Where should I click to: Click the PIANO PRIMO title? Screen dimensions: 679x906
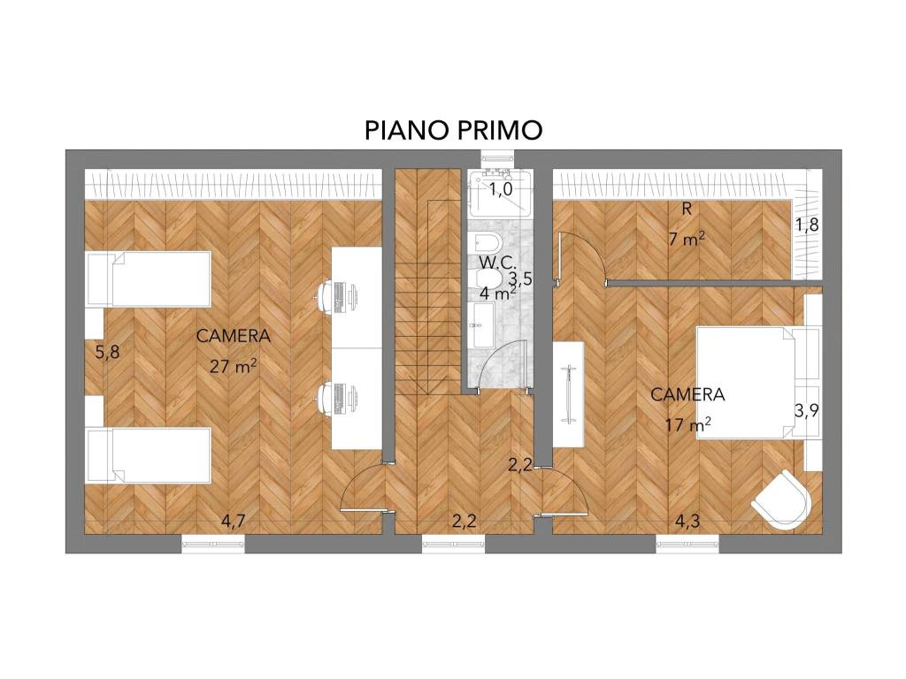453,130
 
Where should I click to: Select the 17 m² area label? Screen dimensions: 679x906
688,425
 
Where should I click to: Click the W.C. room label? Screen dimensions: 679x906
498,263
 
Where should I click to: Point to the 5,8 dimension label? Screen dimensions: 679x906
107,352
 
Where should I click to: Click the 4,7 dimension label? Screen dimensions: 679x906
233,521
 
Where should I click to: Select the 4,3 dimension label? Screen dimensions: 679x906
687,521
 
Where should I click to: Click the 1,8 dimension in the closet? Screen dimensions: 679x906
806,225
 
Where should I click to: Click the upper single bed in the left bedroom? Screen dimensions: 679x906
150,279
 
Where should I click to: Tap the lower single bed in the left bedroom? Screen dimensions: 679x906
150,455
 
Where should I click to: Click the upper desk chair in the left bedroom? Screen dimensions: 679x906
331,296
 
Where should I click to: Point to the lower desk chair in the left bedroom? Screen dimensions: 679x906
331,397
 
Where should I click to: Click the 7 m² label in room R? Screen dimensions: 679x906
687,239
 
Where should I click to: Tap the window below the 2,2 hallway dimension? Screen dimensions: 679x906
453,543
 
